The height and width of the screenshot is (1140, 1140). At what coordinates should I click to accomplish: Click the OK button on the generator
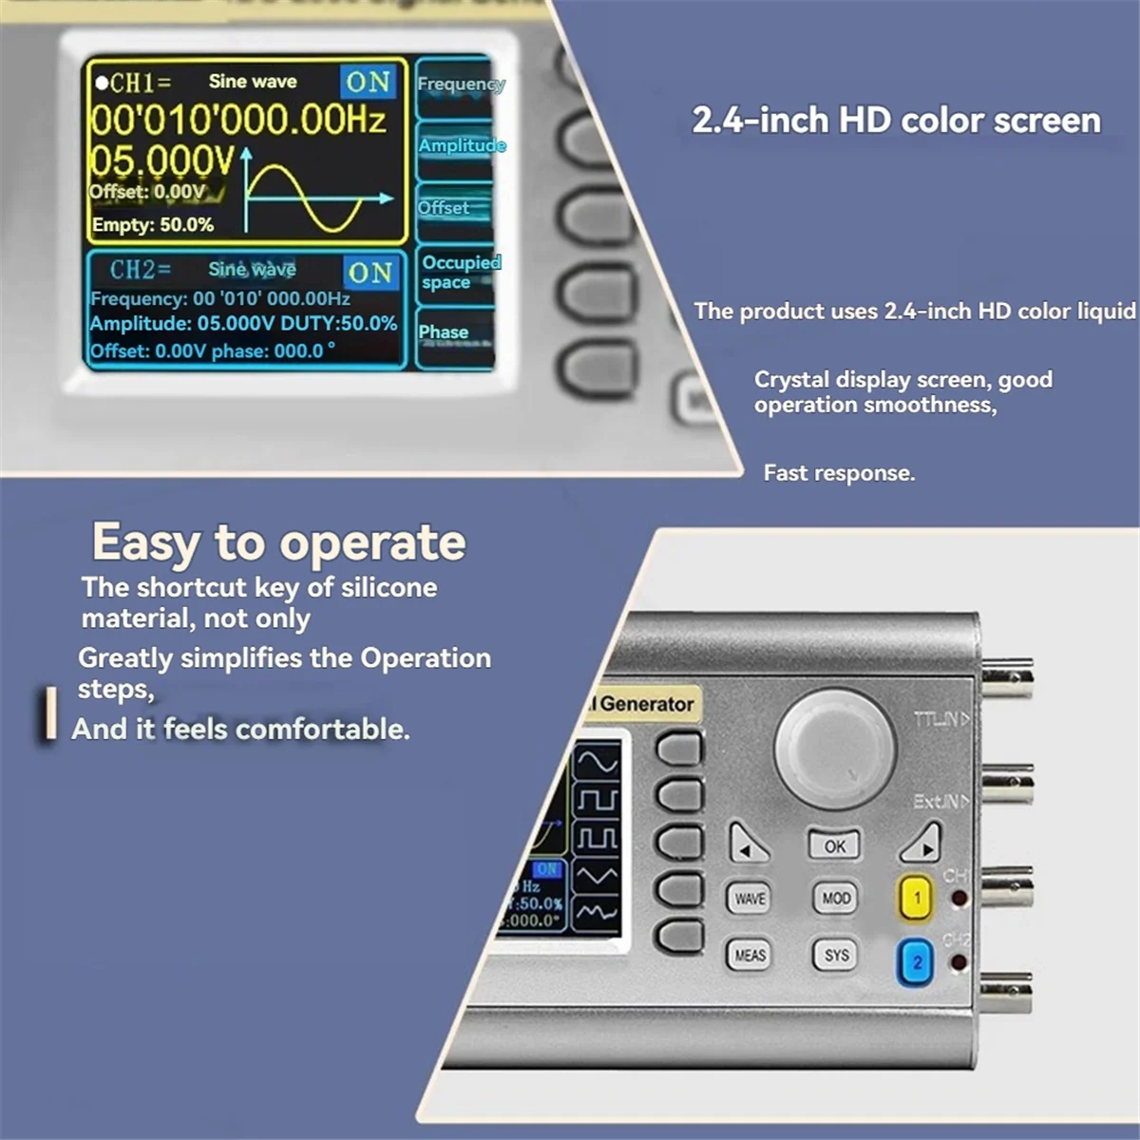834,845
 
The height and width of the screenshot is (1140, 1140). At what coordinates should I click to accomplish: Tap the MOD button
836,898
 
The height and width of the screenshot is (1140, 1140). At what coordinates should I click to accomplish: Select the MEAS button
750,955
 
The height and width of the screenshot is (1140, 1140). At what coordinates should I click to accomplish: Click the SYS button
836,955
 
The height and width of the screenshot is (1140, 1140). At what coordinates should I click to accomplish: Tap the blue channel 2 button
917,962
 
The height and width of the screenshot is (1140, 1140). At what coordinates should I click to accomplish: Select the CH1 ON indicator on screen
368,83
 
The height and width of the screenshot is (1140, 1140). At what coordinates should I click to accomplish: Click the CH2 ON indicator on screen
370,274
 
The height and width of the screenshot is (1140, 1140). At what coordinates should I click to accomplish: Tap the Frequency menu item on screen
461,84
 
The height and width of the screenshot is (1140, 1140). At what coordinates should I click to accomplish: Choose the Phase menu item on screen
444,332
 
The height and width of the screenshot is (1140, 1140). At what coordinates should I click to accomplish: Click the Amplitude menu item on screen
462,145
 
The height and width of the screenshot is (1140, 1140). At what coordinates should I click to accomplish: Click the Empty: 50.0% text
153,225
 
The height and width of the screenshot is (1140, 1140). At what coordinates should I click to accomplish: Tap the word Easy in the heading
145,543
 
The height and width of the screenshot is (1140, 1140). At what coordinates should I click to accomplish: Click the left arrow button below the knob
749,844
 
